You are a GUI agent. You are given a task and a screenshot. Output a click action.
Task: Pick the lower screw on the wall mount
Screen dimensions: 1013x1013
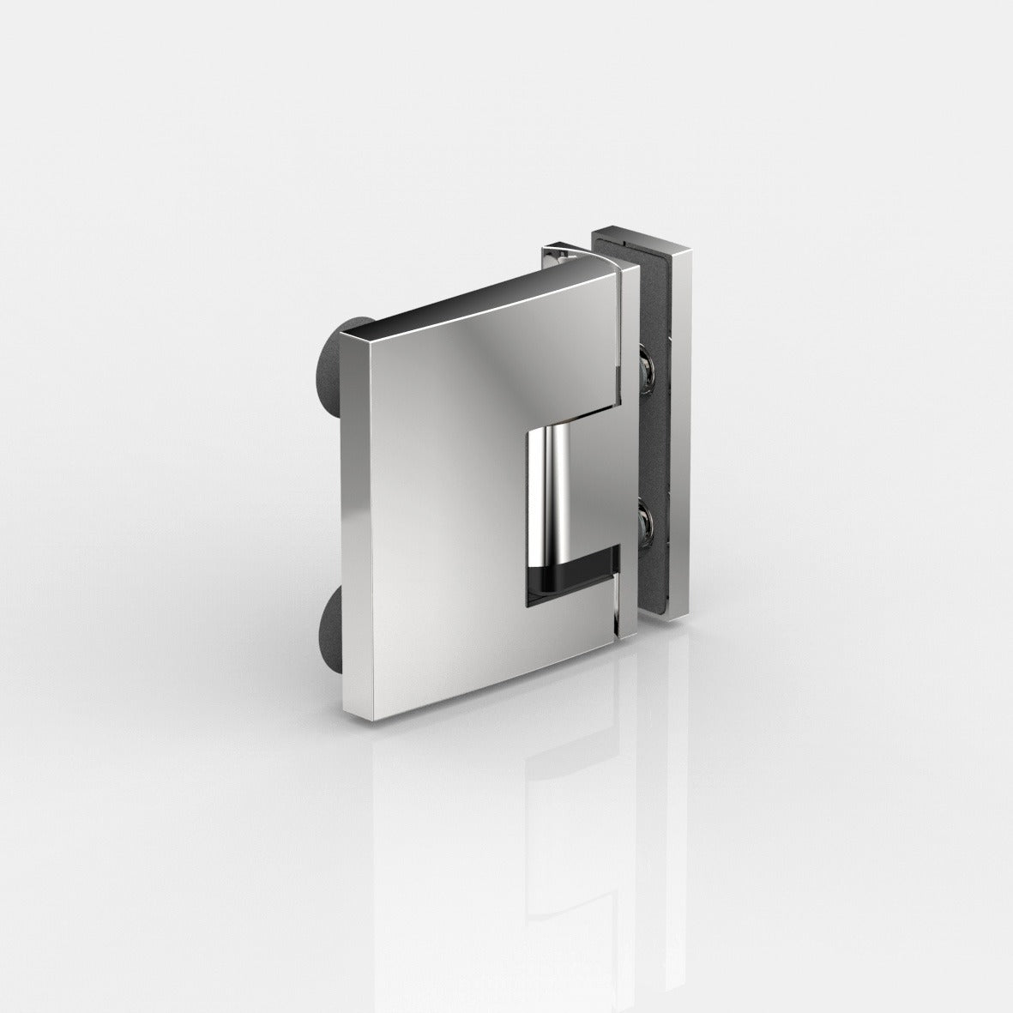pos(649,521)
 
